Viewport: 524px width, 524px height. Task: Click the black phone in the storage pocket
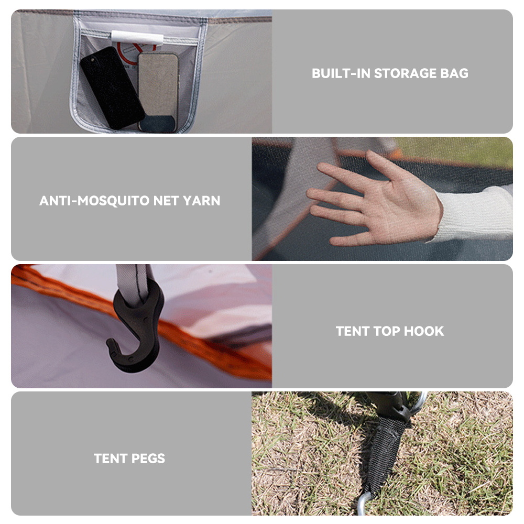coord(112,88)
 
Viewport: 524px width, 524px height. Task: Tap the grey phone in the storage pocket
coord(158,92)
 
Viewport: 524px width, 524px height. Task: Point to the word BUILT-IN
coord(341,73)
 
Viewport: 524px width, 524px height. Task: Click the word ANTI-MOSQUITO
coord(94,201)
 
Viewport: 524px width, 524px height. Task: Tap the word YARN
coord(202,201)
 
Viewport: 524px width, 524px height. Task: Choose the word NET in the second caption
coord(166,201)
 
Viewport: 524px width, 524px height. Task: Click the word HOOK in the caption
coord(424,331)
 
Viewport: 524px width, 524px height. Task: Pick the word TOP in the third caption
coord(387,331)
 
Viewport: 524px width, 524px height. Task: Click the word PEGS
coord(148,458)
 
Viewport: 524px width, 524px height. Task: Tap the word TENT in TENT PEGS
coord(111,458)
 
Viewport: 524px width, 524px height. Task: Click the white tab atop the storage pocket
coord(137,37)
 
